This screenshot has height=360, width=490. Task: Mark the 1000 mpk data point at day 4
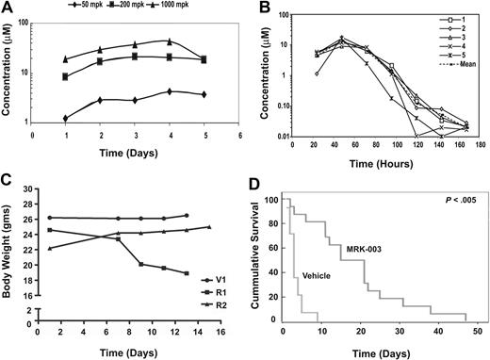tap(168, 41)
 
